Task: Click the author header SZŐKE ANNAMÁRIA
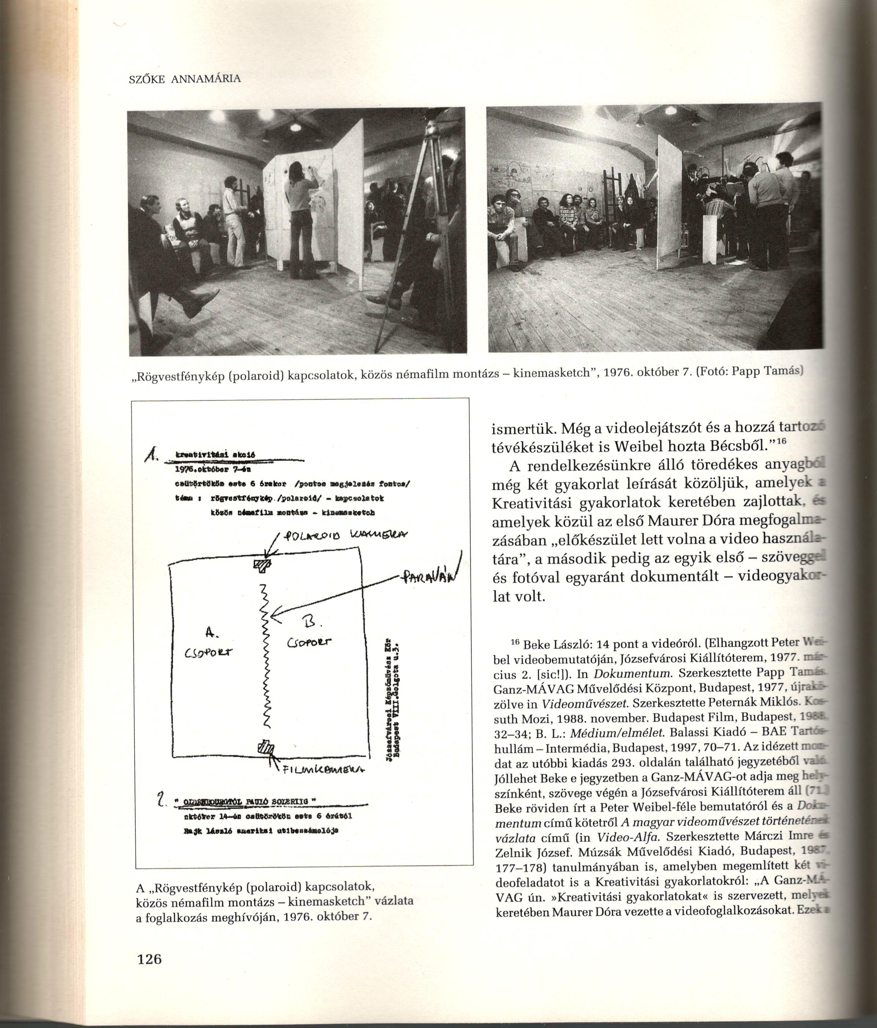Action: coord(184,79)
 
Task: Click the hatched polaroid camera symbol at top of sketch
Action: coord(263,564)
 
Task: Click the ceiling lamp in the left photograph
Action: coord(295,127)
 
